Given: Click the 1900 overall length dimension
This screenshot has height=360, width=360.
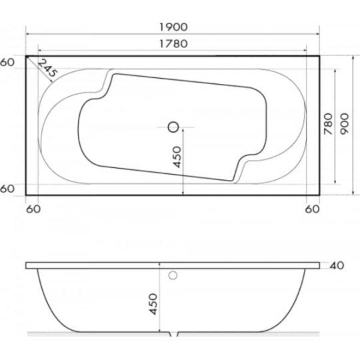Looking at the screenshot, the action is [x=173, y=27].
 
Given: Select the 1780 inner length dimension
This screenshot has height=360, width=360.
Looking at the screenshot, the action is [x=173, y=43].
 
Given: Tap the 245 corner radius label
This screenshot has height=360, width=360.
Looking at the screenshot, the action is [x=47, y=68].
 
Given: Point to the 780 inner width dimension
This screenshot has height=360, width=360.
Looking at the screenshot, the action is [x=328, y=124].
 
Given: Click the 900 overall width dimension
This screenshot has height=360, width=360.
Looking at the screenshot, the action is [x=345, y=124].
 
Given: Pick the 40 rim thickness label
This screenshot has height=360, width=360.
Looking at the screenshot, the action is [x=337, y=265].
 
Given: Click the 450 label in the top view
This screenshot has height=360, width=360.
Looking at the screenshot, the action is [x=177, y=157].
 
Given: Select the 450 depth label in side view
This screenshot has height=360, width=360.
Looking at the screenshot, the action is [x=153, y=304].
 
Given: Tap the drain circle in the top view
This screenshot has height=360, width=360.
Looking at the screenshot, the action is [x=173, y=127].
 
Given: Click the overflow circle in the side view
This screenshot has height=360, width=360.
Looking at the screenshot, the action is [x=173, y=275].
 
